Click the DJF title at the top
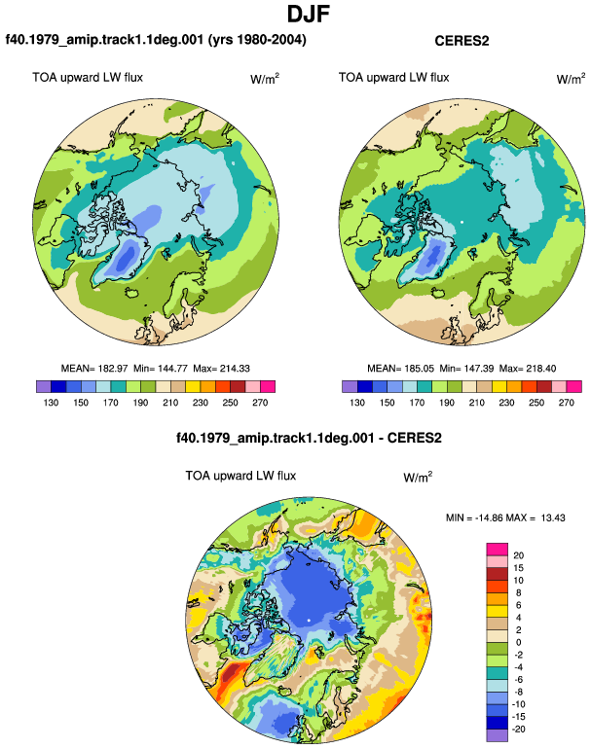309,14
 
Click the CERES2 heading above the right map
462,41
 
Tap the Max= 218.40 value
528,369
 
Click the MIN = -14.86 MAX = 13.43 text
505,517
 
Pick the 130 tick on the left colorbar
51,403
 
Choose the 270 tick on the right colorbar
566,403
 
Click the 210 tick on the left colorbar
170,403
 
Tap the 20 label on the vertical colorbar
518,555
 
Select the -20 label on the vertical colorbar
518,730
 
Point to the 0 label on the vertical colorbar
519,642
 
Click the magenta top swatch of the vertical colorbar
497,550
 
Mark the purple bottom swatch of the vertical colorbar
497,735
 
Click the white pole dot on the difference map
309,620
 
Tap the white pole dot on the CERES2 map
462,222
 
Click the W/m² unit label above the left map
265,79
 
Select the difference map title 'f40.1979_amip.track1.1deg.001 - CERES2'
309,438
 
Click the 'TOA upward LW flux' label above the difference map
240,476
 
